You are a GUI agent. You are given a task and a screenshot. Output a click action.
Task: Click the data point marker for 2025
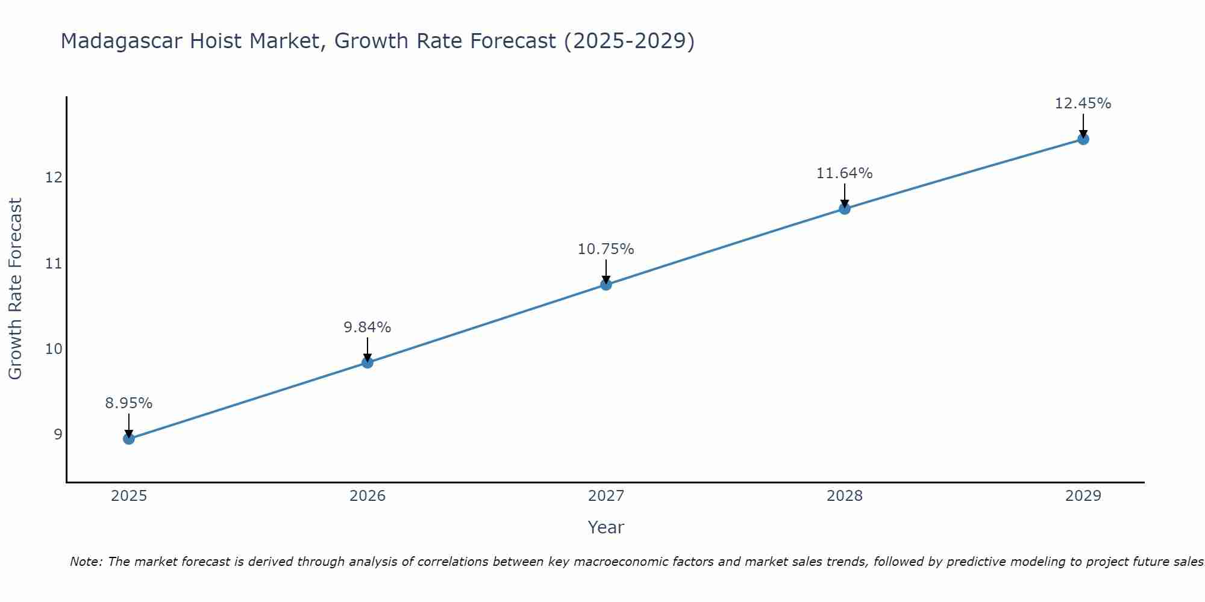coord(129,439)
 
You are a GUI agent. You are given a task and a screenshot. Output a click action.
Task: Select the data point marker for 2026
coord(368,362)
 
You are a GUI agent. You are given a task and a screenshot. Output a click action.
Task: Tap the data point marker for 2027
coord(606,285)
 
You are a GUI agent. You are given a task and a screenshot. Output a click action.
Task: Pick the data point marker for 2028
coord(845,209)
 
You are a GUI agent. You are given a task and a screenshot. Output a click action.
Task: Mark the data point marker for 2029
coord(1083,140)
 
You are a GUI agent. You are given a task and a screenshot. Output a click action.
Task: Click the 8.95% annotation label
coord(129,403)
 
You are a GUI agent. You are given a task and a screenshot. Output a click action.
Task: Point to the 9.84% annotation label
coord(368,327)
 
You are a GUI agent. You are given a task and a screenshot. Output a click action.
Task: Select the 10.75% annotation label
coord(606,249)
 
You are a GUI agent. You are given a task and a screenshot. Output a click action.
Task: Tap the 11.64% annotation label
coord(845,173)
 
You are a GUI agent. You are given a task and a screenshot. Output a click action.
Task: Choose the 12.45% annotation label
coord(1083,104)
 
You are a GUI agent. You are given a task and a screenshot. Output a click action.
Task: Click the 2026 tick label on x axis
coord(368,496)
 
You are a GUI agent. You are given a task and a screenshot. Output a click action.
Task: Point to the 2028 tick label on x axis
coord(845,496)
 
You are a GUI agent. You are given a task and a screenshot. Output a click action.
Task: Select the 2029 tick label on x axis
coord(1083,496)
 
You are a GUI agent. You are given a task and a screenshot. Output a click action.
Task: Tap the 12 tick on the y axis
coord(54,178)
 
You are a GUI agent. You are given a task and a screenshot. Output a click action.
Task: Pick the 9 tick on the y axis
coord(58,434)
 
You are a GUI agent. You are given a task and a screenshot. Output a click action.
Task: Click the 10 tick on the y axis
coord(54,349)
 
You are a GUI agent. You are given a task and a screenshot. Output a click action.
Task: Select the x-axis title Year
coord(606,527)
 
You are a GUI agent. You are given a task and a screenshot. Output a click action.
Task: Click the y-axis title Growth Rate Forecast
coord(15,289)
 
